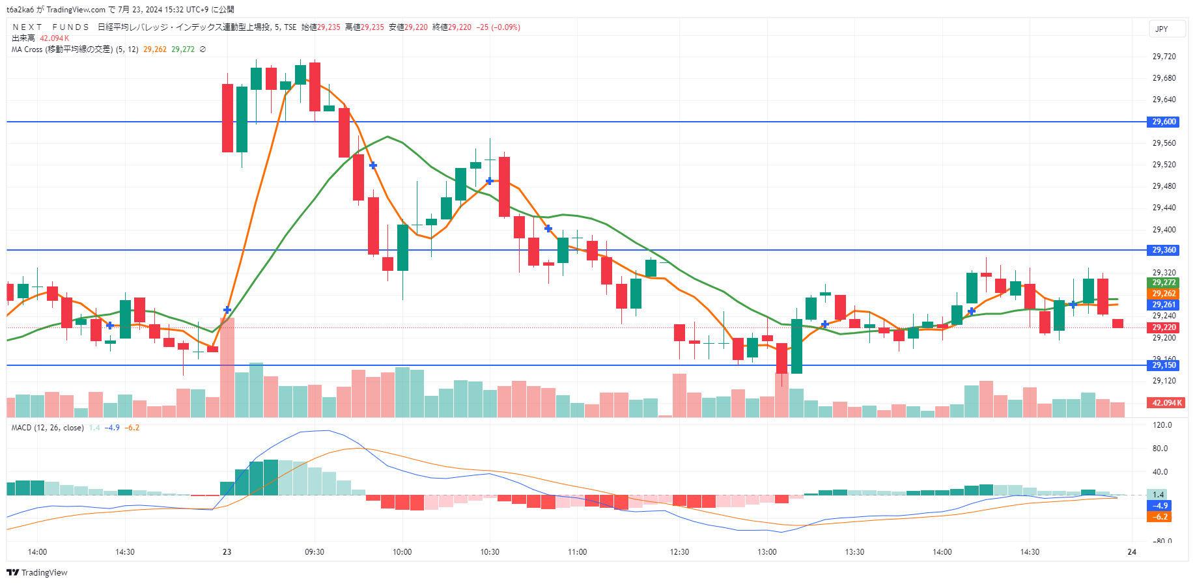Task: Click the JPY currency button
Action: point(1162,29)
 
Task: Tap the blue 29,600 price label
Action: point(1164,122)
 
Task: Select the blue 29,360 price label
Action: point(1164,250)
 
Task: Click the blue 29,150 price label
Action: point(1164,365)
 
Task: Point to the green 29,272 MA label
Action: point(1164,283)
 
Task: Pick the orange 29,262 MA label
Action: point(1164,294)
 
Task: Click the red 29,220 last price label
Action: point(1164,327)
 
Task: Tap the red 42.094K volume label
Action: point(1166,403)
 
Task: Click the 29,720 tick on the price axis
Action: point(1164,57)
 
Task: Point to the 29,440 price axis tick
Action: point(1164,208)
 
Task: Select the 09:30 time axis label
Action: point(315,552)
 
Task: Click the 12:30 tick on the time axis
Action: point(679,552)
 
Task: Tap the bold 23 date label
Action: point(227,552)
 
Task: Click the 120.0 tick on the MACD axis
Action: point(1162,425)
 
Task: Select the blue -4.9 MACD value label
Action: point(1160,506)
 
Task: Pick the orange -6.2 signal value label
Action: point(1160,517)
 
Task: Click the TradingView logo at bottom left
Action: point(37,573)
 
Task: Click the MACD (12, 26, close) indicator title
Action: point(48,428)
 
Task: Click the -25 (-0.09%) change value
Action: point(498,27)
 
